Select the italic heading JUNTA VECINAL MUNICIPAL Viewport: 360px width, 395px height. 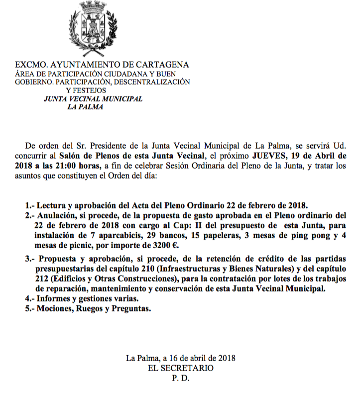pyautogui.click(x=93, y=99)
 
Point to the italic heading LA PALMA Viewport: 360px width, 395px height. pyautogui.click(x=85, y=107)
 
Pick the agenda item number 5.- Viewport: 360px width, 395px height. pyautogui.click(x=30, y=308)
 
